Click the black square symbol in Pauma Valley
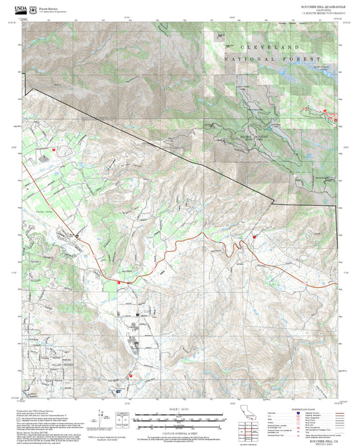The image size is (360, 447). [x=78, y=236]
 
